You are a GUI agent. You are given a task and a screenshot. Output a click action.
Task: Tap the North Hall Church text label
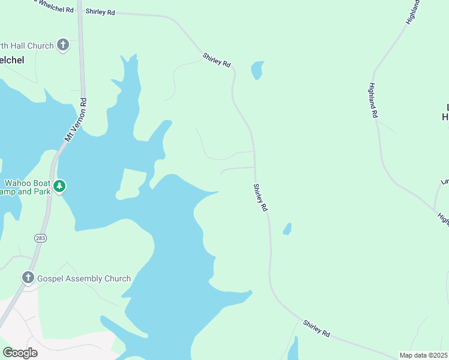(x=28, y=46)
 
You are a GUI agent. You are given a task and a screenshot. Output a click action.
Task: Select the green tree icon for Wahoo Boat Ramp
(x=59, y=186)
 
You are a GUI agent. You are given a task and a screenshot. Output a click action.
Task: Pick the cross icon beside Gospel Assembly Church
(x=28, y=278)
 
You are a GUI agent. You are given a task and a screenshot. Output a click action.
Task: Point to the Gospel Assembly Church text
(x=84, y=278)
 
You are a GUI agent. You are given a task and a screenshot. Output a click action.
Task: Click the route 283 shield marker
(x=41, y=238)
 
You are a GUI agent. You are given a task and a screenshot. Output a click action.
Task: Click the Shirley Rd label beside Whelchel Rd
(x=100, y=11)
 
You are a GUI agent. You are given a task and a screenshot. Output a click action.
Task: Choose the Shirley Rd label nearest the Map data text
(x=316, y=328)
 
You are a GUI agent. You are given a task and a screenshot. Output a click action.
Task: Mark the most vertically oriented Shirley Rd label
(x=260, y=198)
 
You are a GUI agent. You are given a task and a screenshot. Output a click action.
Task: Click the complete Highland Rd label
(x=373, y=100)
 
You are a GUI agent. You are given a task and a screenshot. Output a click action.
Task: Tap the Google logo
(x=20, y=352)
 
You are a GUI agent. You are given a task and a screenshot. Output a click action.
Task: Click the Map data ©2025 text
(x=423, y=355)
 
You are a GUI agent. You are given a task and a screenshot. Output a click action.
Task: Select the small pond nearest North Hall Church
(x=257, y=70)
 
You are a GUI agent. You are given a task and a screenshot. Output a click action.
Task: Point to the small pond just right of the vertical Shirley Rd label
(x=288, y=229)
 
